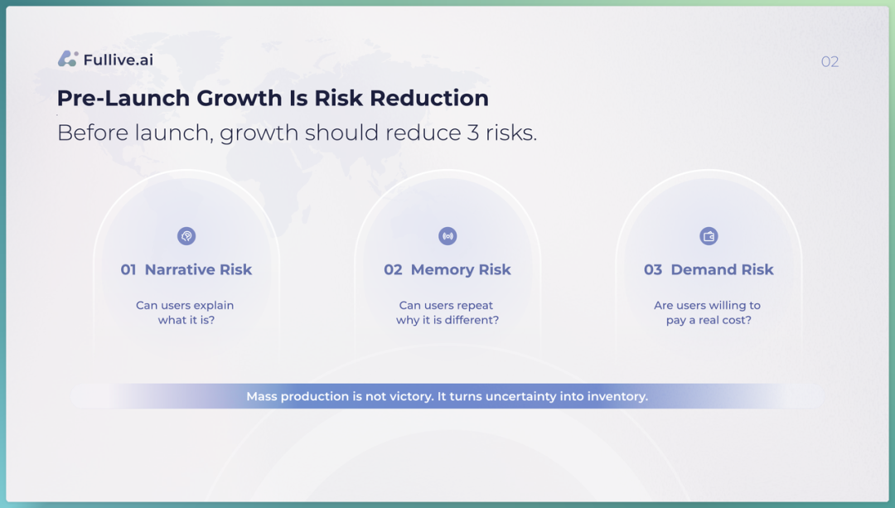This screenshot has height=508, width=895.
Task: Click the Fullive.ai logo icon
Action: (x=68, y=59)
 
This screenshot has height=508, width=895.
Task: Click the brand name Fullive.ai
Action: (x=119, y=60)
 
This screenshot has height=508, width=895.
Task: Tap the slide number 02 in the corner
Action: (x=830, y=61)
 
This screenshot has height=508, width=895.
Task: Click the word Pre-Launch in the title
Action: (x=123, y=98)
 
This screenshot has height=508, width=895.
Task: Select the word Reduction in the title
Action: (x=428, y=98)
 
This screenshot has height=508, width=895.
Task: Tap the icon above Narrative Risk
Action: (x=186, y=235)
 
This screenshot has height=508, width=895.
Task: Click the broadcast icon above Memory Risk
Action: (x=447, y=235)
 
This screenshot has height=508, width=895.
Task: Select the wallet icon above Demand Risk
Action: (x=709, y=235)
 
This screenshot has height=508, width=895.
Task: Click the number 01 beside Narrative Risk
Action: (x=128, y=270)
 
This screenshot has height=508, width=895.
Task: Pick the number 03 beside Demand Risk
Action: (x=653, y=270)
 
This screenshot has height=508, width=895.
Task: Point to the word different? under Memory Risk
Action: (x=472, y=320)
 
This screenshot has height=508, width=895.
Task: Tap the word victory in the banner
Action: (x=411, y=397)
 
